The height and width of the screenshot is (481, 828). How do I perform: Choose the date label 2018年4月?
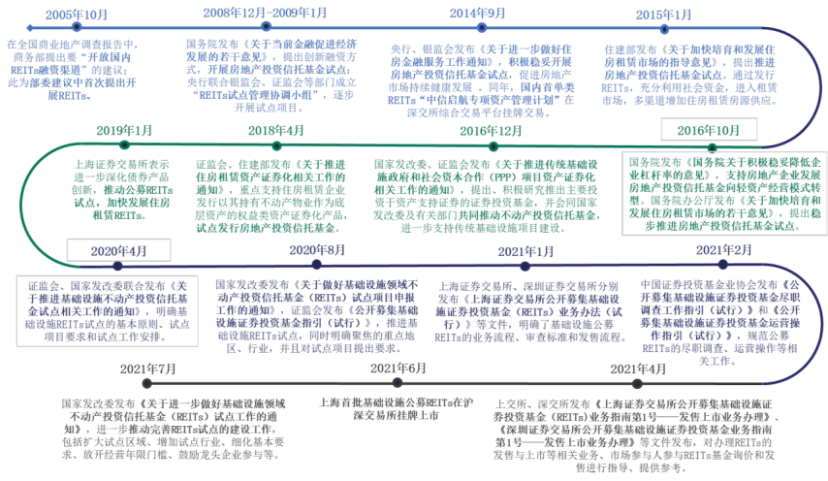coord(277,131)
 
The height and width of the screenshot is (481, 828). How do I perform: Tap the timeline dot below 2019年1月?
coord(124,145)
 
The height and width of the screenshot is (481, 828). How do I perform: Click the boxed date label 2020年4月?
coord(118,250)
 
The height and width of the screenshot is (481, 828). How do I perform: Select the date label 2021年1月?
coord(525,251)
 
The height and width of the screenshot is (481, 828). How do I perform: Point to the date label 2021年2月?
coord(723,250)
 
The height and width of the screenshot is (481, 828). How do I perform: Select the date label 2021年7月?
coord(147,369)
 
